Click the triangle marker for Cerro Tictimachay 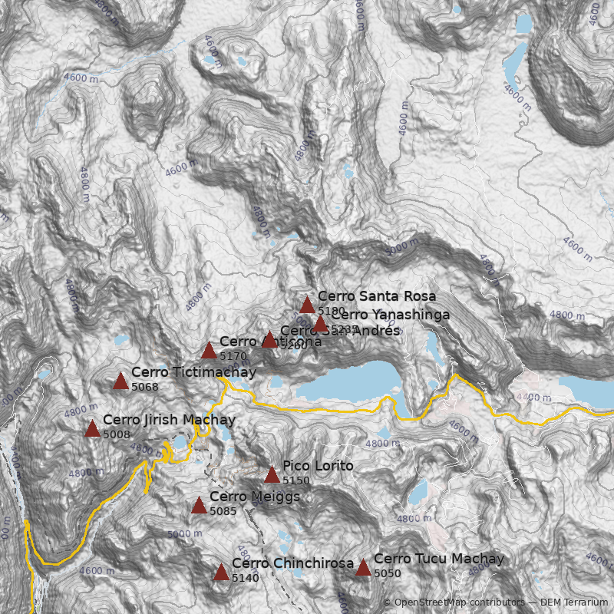pos(120,381)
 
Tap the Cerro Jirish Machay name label pos(169,420)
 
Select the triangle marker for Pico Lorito pos(272,474)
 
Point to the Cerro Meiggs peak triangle pos(199,505)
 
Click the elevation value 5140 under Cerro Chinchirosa pos(246,578)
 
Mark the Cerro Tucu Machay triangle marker pos(363,567)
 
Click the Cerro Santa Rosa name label pos(376,296)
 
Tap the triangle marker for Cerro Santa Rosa pos(307,305)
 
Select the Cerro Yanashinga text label pos(390,314)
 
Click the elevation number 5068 pos(145,387)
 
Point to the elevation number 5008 pos(117,434)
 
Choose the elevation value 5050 pos(388,573)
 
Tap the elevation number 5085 pos(223,511)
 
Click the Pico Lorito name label pos(318,466)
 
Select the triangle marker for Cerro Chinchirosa pos(221,572)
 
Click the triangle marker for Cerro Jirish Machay pos(92,428)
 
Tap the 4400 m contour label pos(534,398)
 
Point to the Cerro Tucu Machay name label pos(439,559)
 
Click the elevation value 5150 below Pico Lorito pos(296,480)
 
